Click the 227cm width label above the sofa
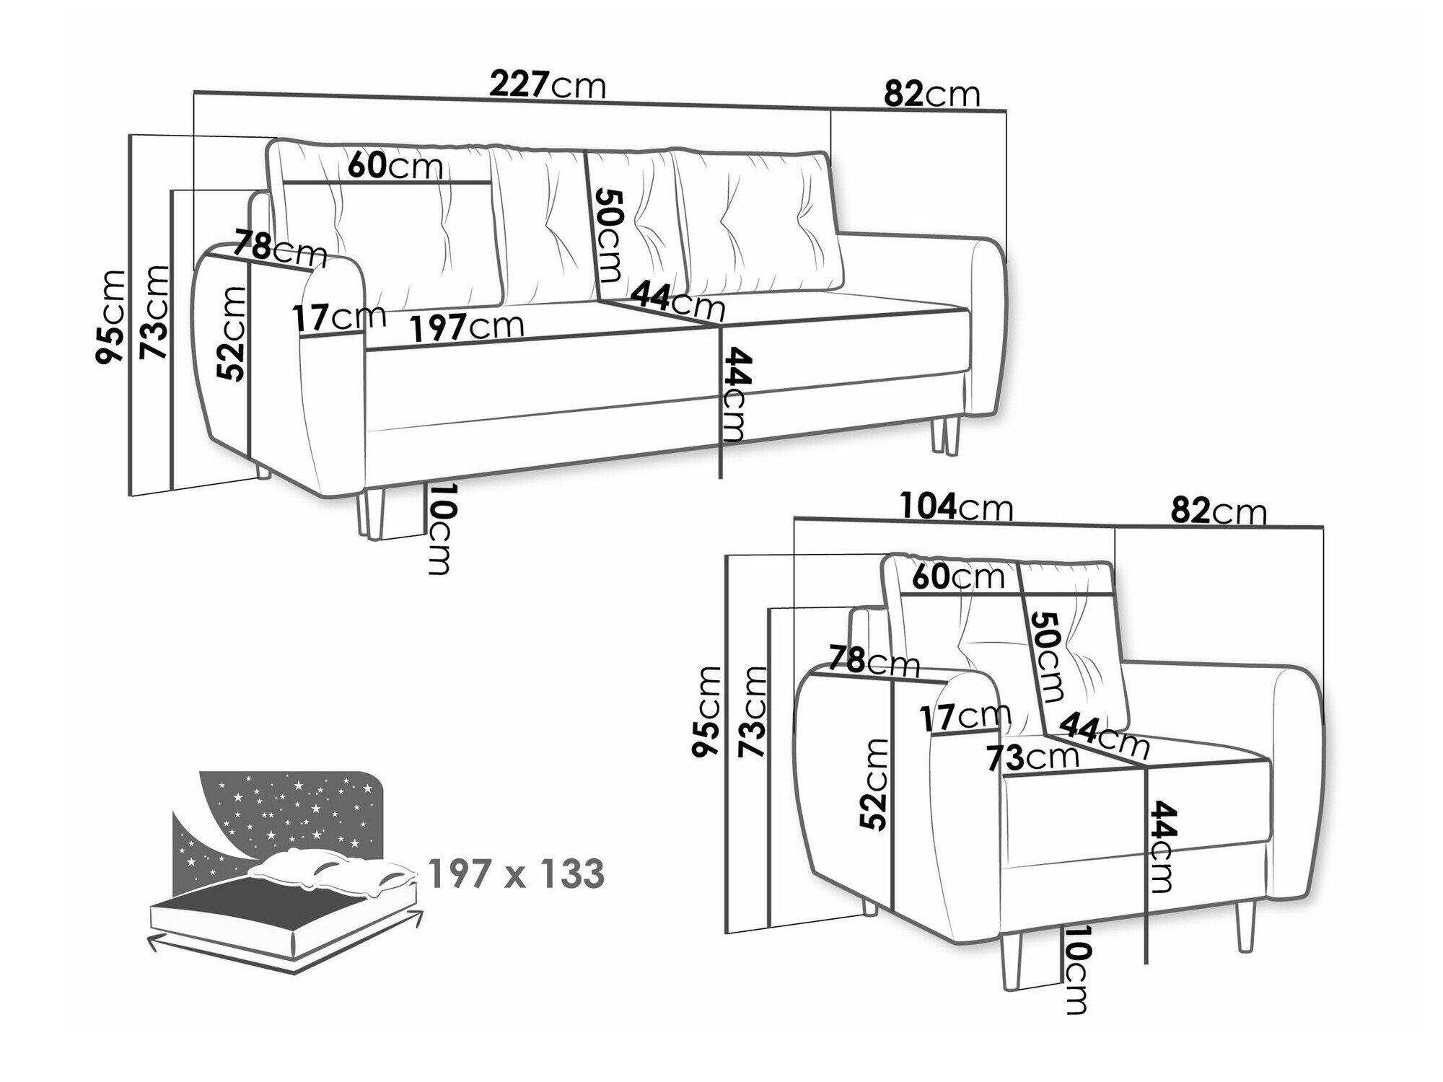547,86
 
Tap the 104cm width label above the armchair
956,508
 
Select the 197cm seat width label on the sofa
467,327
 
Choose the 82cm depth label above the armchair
1218,511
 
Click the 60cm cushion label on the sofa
394,167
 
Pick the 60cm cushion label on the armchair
957,576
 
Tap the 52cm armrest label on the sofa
232,333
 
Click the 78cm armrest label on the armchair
873,661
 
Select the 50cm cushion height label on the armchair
1045,657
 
